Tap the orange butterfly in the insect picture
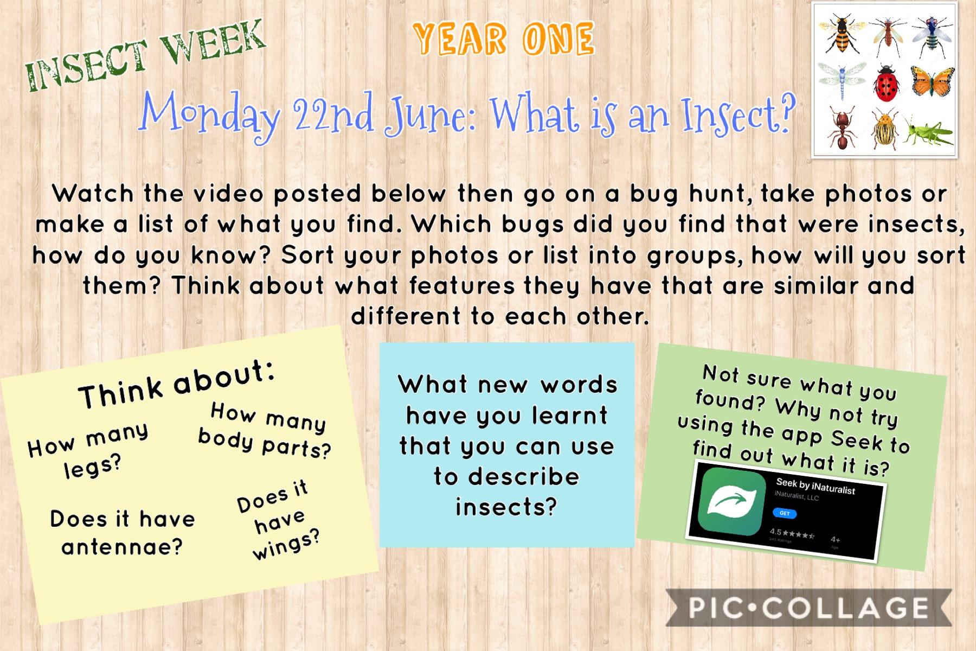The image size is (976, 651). [932, 82]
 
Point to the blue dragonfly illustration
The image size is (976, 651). [843, 81]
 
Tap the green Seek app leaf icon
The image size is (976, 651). [731, 502]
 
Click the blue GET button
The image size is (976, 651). [785, 513]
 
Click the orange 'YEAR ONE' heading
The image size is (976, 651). [504, 40]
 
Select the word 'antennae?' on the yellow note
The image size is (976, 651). [122, 547]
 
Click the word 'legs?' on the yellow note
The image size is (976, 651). [92, 467]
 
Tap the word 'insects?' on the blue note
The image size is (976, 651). [506, 507]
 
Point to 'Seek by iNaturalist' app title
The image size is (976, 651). [816, 486]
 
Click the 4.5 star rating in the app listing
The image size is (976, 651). [792, 534]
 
